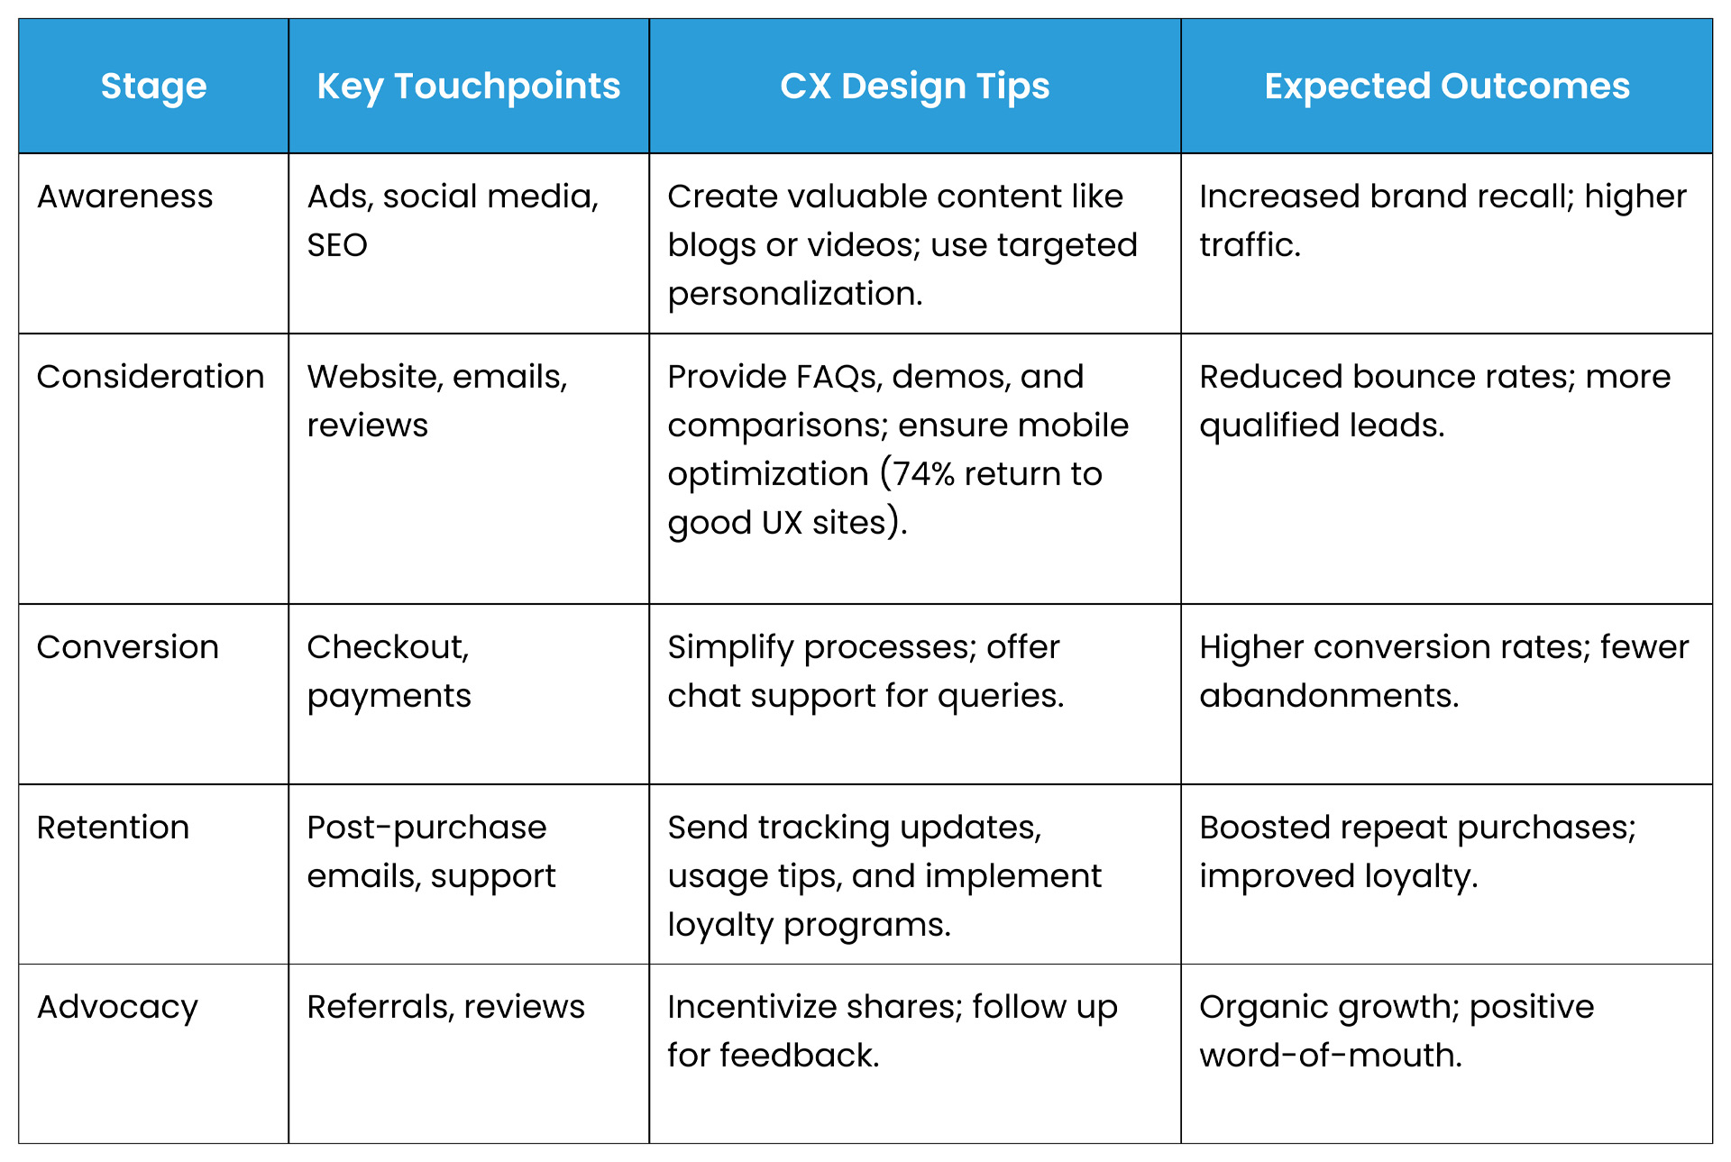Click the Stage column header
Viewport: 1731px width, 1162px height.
point(153,87)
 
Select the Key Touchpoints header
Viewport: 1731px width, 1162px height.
point(468,87)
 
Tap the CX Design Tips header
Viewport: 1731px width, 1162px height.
point(914,87)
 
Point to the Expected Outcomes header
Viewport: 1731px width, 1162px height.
point(1446,87)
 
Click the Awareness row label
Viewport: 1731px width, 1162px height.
point(125,197)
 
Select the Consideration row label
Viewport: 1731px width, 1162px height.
point(151,377)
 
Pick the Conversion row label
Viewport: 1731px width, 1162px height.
point(128,647)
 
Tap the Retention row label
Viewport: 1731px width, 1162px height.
point(114,828)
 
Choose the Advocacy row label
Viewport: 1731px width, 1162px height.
point(117,1008)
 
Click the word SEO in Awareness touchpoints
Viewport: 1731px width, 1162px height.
point(337,245)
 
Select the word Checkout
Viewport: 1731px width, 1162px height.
point(388,647)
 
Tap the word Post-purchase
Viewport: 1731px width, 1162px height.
point(426,828)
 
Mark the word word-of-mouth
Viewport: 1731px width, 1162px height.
point(1330,1056)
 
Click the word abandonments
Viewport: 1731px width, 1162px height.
point(1328,696)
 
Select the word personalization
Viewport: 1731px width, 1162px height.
point(794,294)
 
